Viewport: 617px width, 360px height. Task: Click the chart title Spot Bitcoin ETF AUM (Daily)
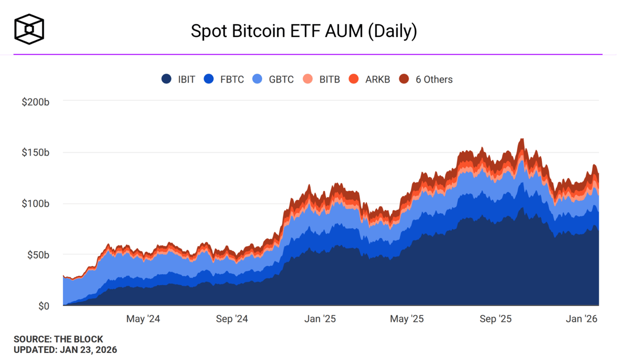(x=303, y=31)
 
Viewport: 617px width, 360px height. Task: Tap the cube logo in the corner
(x=29, y=29)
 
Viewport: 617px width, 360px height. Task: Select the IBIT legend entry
(x=178, y=79)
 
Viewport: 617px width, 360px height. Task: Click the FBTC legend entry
(x=224, y=79)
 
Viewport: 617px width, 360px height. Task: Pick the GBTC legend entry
(x=273, y=79)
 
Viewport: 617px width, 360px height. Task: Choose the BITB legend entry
(x=322, y=79)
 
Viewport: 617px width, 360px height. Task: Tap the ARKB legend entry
(x=369, y=79)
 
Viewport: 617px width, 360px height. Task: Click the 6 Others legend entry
(x=426, y=79)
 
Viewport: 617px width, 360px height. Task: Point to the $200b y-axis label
(x=35, y=102)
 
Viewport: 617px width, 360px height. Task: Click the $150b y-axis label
(x=35, y=153)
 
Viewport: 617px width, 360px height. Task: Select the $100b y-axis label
(x=35, y=204)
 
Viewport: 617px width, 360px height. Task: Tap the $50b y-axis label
(x=37, y=255)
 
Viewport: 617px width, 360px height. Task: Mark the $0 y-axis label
(x=43, y=306)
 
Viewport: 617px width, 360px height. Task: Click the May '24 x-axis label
(x=143, y=319)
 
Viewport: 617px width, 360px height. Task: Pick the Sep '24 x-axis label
(x=232, y=319)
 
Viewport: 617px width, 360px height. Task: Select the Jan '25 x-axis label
(x=320, y=319)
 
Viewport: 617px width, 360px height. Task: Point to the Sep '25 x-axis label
(x=496, y=319)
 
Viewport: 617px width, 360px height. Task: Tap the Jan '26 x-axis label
(x=582, y=319)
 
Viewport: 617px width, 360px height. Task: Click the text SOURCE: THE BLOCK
(x=58, y=339)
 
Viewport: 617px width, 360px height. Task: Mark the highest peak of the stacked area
(x=521, y=139)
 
